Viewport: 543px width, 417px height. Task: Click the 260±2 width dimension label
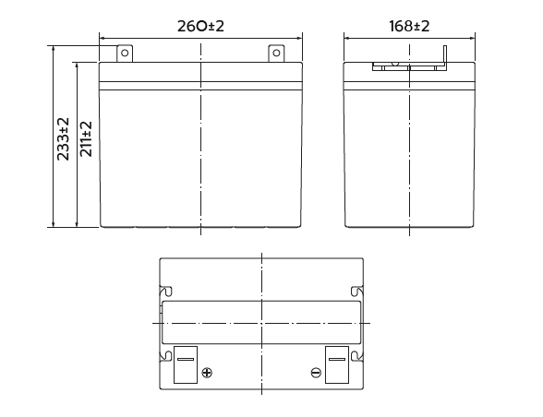pos(201,26)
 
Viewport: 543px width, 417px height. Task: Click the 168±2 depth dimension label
pos(409,26)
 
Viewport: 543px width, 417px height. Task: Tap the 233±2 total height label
pos(63,138)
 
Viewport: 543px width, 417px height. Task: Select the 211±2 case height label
pos(86,138)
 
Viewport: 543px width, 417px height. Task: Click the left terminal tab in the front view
pos(125,54)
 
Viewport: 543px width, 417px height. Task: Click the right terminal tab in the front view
pos(276,54)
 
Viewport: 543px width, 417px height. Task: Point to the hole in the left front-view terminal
pos(125,53)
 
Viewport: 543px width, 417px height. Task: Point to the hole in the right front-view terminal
pos(276,53)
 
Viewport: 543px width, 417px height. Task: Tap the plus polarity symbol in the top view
pos(207,373)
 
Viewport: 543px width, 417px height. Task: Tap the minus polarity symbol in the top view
pos(316,373)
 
